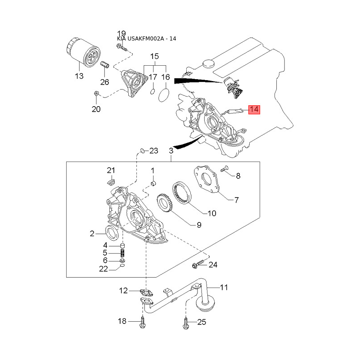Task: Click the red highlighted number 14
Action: pyautogui.click(x=254, y=109)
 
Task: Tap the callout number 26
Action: pyautogui.click(x=105, y=82)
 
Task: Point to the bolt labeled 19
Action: pyautogui.click(x=121, y=48)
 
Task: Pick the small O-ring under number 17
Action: pyautogui.click(x=153, y=91)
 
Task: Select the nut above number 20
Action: pyautogui.click(x=96, y=93)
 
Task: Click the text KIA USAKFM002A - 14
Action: pyautogui.click(x=147, y=39)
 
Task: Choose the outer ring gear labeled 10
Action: pyautogui.click(x=182, y=193)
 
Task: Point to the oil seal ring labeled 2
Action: pyautogui.click(x=112, y=233)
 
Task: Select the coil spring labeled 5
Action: pyautogui.click(x=123, y=253)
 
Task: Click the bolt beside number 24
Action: pyautogui.click(x=198, y=265)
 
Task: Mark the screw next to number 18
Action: pyautogui.click(x=143, y=322)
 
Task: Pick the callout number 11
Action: pyautogui.click(x=224, y=287)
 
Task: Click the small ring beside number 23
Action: pyautogui.click(x=142, y=151)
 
